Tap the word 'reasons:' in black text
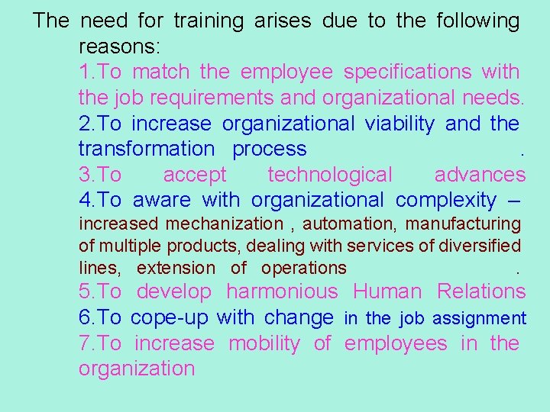coord(119,47)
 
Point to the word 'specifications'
coord(407,72)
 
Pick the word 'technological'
coord(330,175)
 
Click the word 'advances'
coord(480,175)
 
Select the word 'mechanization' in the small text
coord(225,224)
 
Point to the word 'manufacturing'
coord(463,224)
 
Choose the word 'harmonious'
coord(282,291)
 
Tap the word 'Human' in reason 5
coord(387,291)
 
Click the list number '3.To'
coord(100,175)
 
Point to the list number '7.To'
coord(100,343)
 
